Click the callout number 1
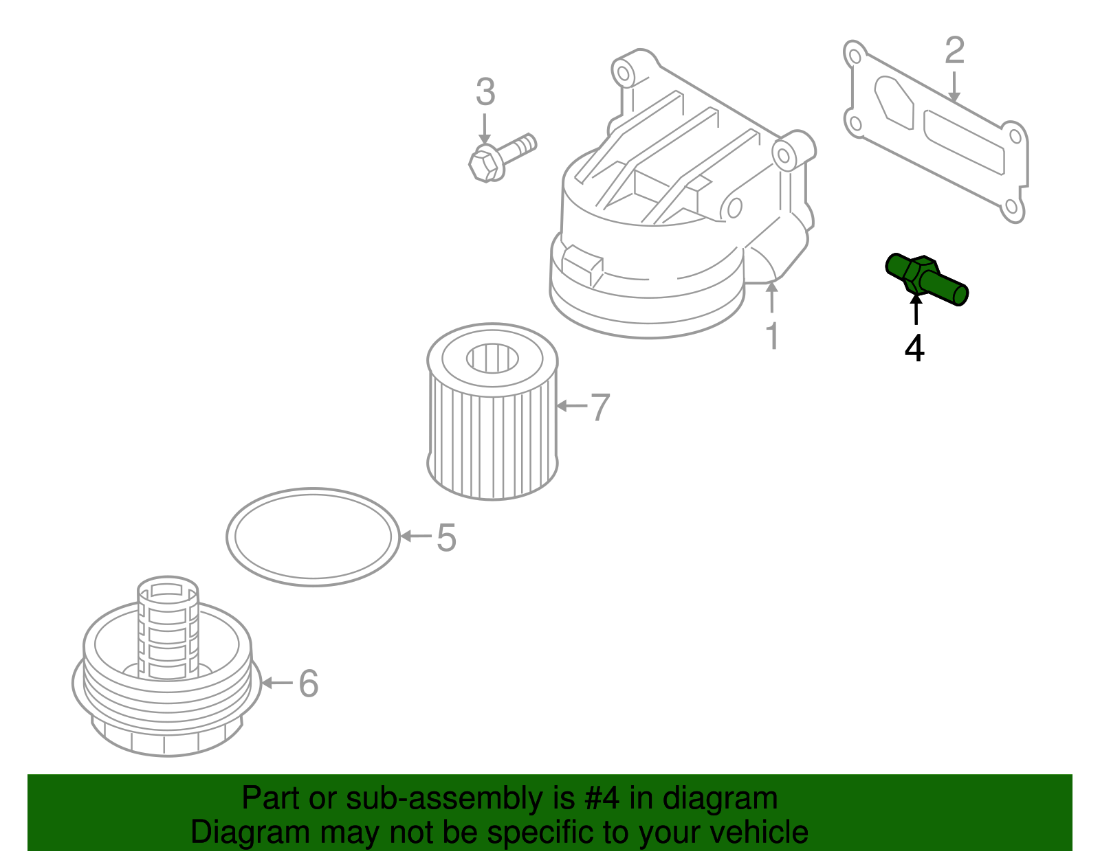773,336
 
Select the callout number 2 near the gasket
954,51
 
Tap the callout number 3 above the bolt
485,92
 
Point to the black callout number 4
914,348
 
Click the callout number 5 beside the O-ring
446,537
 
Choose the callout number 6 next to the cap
308,684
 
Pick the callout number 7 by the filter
599,407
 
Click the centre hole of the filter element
492,358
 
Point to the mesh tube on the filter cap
168,629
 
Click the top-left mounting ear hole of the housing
624,71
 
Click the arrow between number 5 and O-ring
416,536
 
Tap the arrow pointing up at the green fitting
916,309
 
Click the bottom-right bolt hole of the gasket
1010,207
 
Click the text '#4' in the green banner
602,798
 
